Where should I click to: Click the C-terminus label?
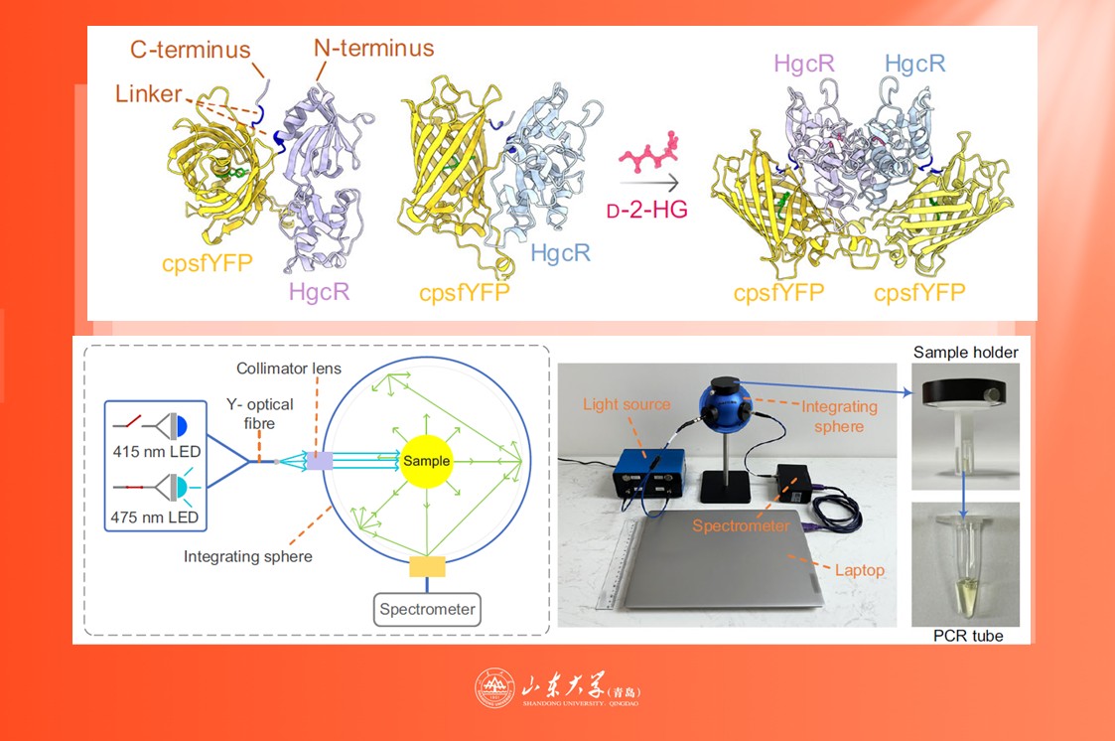[191, 50]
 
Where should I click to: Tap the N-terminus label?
[374, 48]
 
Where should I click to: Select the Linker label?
[149, 93]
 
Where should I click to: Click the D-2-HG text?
[647, 210]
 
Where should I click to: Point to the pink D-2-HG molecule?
[647, 153]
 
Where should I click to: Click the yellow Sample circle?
[427, 461]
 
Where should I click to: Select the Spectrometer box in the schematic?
[427, 610]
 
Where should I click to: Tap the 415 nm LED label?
[157, 452]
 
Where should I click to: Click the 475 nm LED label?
[154, 517]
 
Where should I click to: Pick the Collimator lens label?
[289, 369]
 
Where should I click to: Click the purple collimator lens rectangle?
[320, 461]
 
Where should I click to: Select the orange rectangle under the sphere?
[427, 566]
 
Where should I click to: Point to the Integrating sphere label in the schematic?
[248, 556]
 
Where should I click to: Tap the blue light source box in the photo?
[648, 472]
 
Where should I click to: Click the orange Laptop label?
[860, 570]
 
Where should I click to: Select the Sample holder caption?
[966, 352]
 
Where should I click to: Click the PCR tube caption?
[968, 636]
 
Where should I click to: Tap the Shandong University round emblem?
[494, 688]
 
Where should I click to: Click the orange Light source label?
[627, 404]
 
